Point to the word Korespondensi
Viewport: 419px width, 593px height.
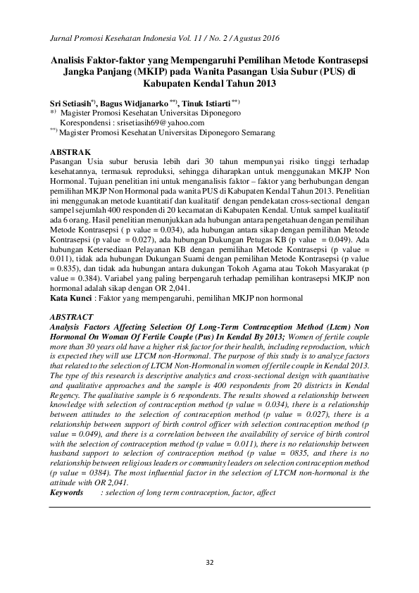87,121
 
